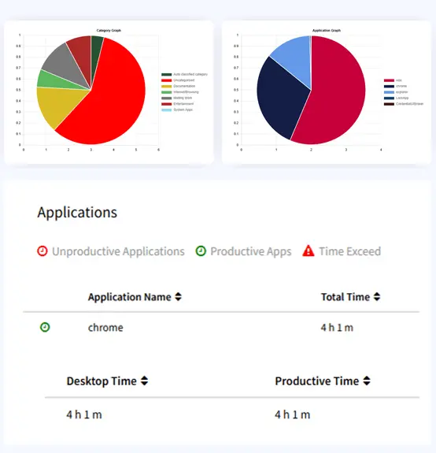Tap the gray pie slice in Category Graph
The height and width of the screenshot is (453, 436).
coord(60,61)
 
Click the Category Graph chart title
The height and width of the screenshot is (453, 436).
coord(109,30)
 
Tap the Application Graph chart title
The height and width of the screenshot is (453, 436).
coord(327,30)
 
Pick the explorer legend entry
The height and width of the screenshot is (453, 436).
coord(400,91)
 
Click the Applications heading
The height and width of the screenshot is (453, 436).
coord(77,212)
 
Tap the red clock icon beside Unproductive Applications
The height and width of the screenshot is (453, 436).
coord(42,251)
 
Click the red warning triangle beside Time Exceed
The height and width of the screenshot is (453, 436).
coord(309,251)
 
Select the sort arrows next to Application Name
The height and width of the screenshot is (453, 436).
coord(178,297)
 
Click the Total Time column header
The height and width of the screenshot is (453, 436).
coord(345,297)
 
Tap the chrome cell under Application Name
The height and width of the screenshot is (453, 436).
coord(105,327)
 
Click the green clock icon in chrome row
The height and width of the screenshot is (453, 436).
coord(45,327)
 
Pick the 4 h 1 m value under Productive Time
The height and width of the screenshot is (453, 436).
coord(293,414)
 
